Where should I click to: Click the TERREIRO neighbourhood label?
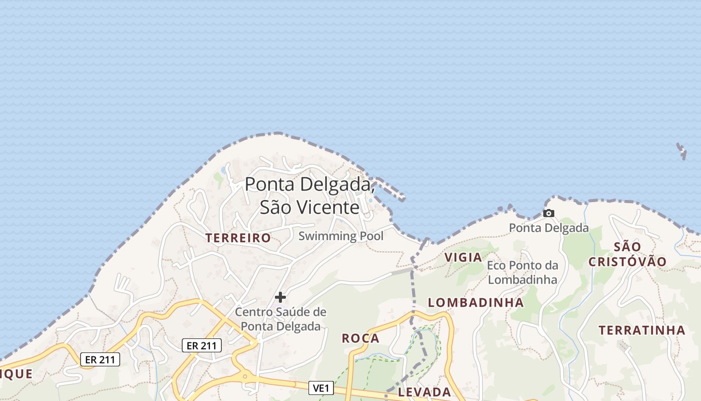pyautogui.click(x=238, y=238)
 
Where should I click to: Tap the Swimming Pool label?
pyautogui.click(x=341, y=236)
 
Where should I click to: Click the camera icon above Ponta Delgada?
pyautogui.click(x=549, y=214)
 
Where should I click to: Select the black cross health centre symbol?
pyautogui.click(x=280, y=297)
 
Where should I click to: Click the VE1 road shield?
pyautogui.click(x=321, y=388)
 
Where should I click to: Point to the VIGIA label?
pyautogui.click(x=463, y=257)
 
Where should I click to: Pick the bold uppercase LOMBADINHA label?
pyautogui.click(x=476, y=302)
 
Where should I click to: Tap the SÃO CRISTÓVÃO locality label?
pyautogui.click(x=627, y=254)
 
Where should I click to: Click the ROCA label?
pyautogui.click(x=361, y=338)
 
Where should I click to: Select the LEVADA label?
pyautogui.click(x=425, y=392)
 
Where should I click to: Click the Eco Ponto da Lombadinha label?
pyautogui.click(x=522, y=272)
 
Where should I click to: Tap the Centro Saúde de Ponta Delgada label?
pyautogui.click(x=280, y=319)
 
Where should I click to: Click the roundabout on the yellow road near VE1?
pyautogui.click(x=245, y=376)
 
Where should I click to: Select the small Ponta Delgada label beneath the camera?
pyautogui.click(x=549, y=228)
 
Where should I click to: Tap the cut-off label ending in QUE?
pyautogui.click(x=17, y=374)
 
